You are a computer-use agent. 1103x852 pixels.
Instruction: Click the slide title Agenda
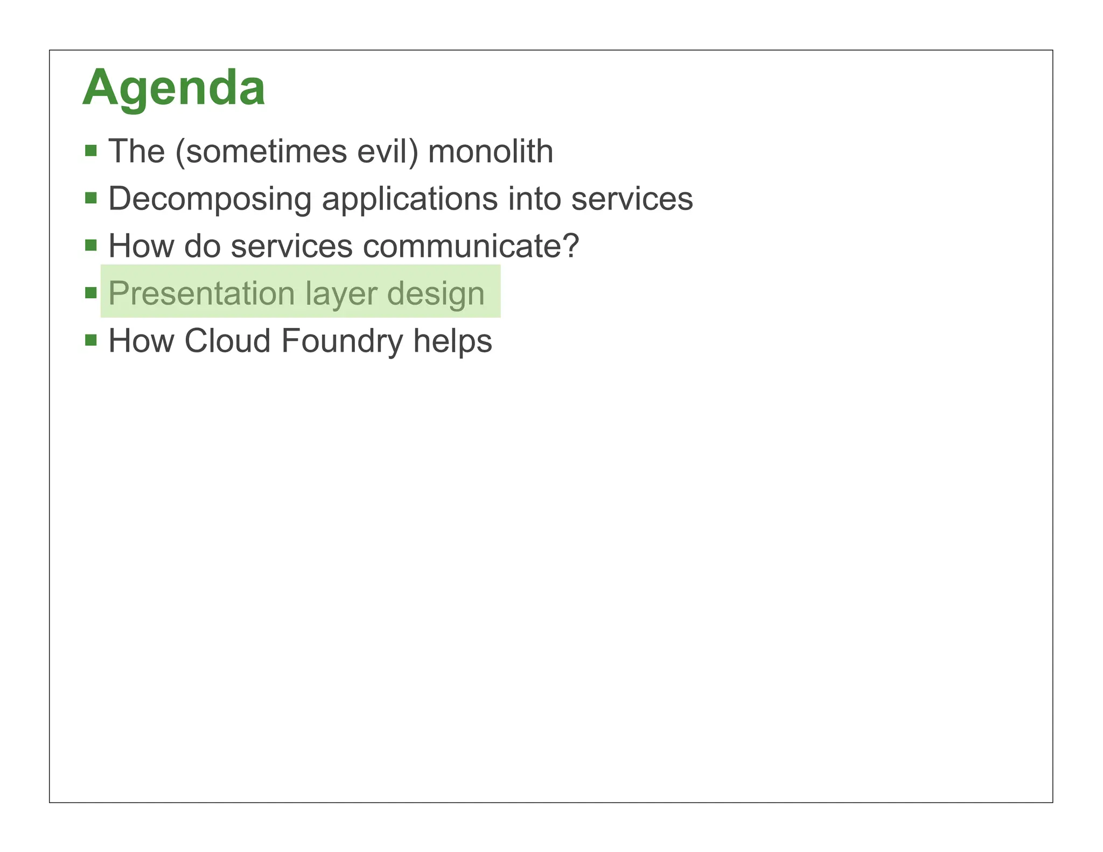(173, 88)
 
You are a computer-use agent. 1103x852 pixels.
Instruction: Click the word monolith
(491, 151)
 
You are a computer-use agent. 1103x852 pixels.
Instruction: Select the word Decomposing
(210, 199)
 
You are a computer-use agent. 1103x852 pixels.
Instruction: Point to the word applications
(410, 199)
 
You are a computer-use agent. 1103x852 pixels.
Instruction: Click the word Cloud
(227, 341)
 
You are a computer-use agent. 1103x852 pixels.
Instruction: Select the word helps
(452, 341)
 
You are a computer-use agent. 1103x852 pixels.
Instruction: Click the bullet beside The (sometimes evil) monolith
(91, 150)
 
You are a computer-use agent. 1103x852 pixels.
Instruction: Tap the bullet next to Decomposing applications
(91, 198)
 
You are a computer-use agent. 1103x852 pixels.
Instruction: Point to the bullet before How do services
(91, 246)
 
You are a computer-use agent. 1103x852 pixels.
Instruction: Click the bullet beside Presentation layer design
(91, 293)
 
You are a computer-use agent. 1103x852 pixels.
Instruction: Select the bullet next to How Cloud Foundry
(91, 340)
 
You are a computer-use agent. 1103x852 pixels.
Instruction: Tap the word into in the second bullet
(535, 199)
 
